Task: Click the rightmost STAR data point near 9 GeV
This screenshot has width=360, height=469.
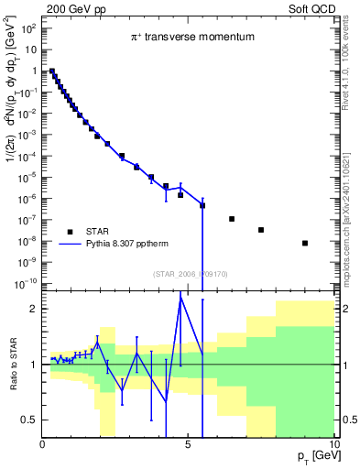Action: pyautogui.click(x=305, y=243)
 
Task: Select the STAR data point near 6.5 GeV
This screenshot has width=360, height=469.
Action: pyautogui.click(x=232, y=219)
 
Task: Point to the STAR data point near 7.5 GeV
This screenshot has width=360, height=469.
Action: pyautogui.click(x=261, y=230)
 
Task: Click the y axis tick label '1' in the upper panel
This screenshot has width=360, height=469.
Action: pyautogui.click(x=34, y=71)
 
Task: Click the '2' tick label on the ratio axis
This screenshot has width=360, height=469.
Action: pyautogui.click(x=34, y=309)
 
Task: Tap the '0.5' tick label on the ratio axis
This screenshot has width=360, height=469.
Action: pyautogui.click(x=30, y=420)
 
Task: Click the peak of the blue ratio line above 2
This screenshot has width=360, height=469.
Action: pyautogui.click(x=180, y=295)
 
